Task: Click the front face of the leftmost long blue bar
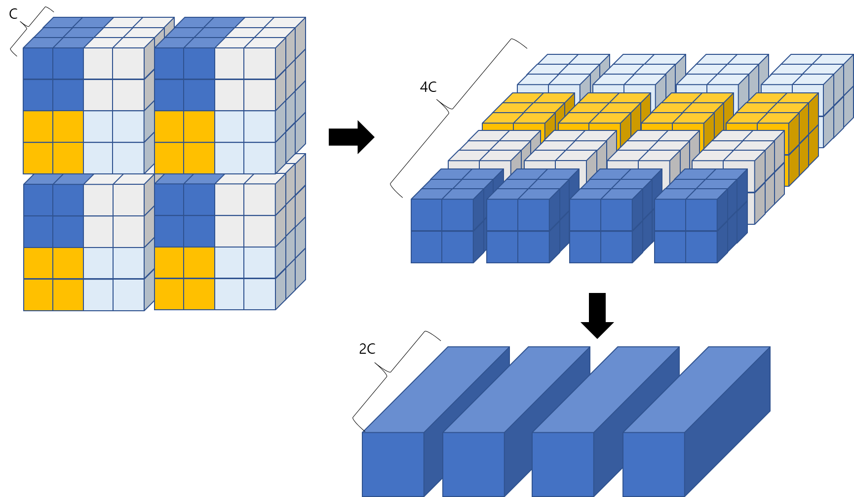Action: click(x=393, y=464)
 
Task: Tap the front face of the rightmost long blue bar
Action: click(x=654, y=464)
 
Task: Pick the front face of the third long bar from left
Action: click(x=563, y=464)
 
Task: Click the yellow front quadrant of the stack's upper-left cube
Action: click(x=53, y=142)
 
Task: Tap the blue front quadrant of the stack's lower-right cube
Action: click(x=184, y=215)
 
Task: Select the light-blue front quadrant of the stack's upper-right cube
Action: click(x=245, y=142)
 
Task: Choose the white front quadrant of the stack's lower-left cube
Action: click(x=114, y=215)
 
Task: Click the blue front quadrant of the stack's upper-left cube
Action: click(x=53, y=79)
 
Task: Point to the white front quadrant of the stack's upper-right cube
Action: click(x=245, y=79)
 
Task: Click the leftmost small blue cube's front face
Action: click(x=442, y=231)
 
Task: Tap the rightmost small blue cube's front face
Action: click(x=686, y=231)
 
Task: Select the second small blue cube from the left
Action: click(x=518, y=231)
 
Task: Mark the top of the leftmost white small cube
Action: click(x=494, y=145)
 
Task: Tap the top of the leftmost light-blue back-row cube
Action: click(x=563, y=69)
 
